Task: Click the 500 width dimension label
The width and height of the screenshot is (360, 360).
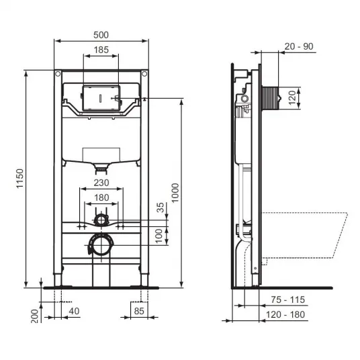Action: (101, 35)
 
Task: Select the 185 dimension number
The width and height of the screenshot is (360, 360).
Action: (101, 50)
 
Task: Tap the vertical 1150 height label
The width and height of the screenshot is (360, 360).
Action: (20, 179)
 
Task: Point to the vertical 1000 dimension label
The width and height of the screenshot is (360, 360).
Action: (175, 193)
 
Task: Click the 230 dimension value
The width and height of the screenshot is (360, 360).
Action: (101, 183)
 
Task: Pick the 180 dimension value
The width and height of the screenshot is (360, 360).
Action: (101, 197)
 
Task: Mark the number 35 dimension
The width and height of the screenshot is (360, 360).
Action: (161, 208)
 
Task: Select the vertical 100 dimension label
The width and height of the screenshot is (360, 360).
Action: (159, 236)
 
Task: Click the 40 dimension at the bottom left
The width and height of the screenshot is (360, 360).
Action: (74, 311)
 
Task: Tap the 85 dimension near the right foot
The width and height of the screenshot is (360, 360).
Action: (139, 311)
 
